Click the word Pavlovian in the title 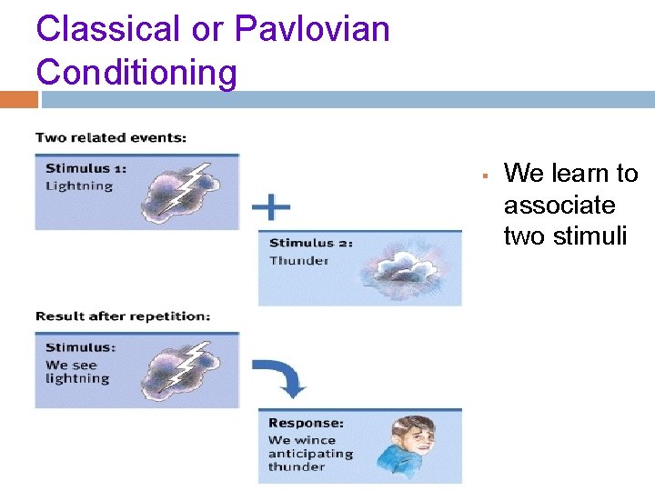point(312,29)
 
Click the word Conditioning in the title point(136,72)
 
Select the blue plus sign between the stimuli point(271,208)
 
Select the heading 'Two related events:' point(111,138)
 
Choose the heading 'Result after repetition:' point(123,316)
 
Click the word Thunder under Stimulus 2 point(298,261)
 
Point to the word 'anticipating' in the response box point(309,454)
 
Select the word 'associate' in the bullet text point(559,205)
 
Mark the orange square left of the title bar point(18,99)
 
